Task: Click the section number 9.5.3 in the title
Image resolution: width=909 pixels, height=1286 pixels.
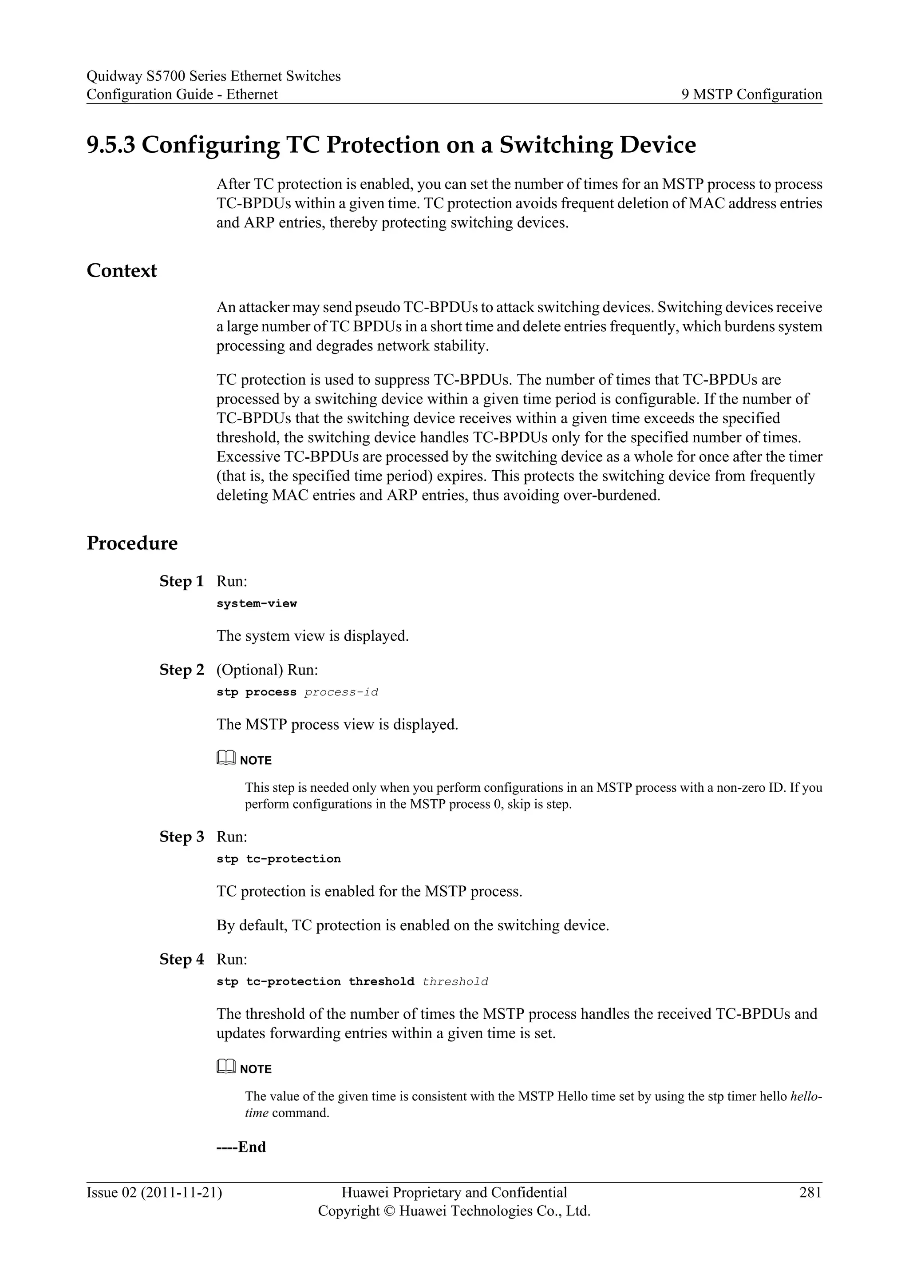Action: [111, 145]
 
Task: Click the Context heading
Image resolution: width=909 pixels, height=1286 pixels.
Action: [122, 270]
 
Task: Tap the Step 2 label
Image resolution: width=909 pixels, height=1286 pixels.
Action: [182, 670]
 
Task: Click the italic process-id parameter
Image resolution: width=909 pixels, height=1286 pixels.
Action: [341, 692]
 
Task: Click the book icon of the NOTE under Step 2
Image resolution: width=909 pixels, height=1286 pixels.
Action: [225, 759]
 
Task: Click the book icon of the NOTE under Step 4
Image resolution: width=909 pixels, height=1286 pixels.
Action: [225, 1068]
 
